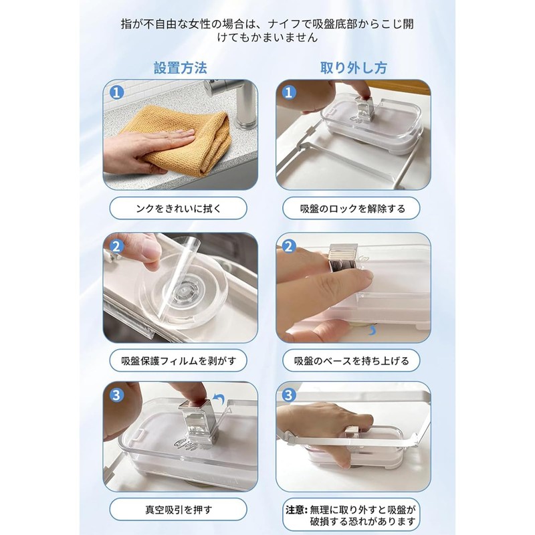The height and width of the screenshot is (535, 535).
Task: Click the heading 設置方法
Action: coord(180,68)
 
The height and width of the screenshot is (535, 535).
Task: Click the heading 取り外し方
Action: coord(353,68)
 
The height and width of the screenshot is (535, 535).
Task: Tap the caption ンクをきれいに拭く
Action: coord(179,209)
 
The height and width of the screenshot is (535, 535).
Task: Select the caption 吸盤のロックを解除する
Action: coord(353,209)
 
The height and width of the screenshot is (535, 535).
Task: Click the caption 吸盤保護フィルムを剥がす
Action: coord(179,360)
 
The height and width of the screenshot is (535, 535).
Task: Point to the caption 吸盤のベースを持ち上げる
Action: coord(352,360)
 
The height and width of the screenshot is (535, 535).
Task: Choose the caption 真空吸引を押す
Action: coord(179,510)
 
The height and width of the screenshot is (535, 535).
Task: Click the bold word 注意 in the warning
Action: coord(295,510)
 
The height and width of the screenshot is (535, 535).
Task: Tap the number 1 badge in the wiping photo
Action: coord(116,92)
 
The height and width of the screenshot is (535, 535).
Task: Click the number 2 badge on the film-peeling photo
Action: coord(116,246)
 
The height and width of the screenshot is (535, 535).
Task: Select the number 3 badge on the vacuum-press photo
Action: coord(116,395)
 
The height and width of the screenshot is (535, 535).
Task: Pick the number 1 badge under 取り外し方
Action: coord(289,92)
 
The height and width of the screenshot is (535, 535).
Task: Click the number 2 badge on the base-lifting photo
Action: coord(289,246)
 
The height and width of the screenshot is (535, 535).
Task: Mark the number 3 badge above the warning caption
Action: coord(289,395)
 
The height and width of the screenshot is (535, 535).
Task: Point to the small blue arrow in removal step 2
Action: coord(372,330)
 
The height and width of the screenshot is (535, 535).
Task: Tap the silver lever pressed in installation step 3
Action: coord(197,424)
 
